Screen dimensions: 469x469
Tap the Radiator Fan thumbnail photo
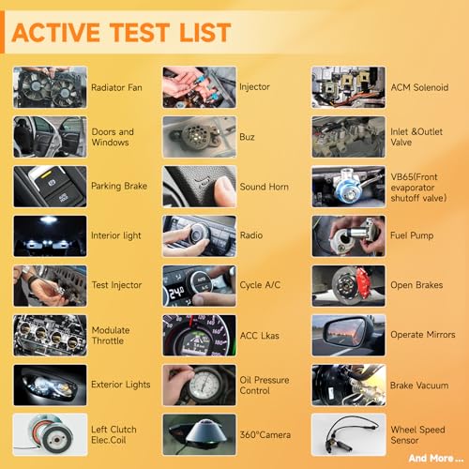[x=50, y=87]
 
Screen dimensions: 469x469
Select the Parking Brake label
[x=119, y=186]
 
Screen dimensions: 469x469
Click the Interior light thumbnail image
[x=50, y=236]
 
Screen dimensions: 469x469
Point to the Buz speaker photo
[x=199, y=137]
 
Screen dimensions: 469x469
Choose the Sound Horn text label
[x=264, y=187]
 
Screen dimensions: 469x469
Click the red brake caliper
[x=364, y=282]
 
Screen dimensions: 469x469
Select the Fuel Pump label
[x=412, y=235]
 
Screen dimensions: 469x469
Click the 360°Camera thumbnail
[x=199, y=434]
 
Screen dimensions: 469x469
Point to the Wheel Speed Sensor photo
[x=349, y=434]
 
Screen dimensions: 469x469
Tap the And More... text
[x=436, y=459]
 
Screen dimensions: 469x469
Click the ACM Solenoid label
[x=419, y=87]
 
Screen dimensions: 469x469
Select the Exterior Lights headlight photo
[x=50, y=386]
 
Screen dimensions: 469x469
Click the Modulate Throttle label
[x=111, y=336]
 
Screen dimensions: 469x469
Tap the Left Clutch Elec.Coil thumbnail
[x=50, y=434]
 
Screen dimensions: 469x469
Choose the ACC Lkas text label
[x=260, y=336]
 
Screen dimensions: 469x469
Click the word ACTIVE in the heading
[x=55, y=33]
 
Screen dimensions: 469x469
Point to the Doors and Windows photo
[x=50, y=137]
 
